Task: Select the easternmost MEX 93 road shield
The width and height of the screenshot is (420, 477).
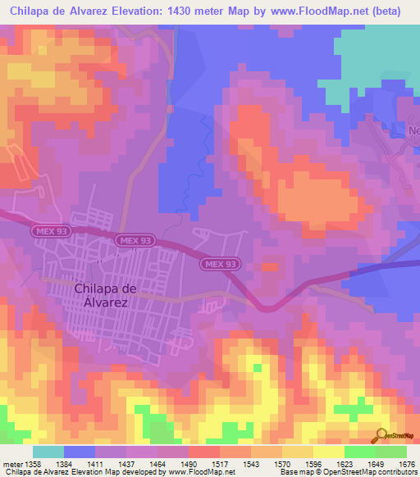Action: [219, 264]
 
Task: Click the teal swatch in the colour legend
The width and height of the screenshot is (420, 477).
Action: [48, 452]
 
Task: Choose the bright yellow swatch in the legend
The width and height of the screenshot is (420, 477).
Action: [328, 452]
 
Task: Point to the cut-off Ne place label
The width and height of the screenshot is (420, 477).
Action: [413, 131]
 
